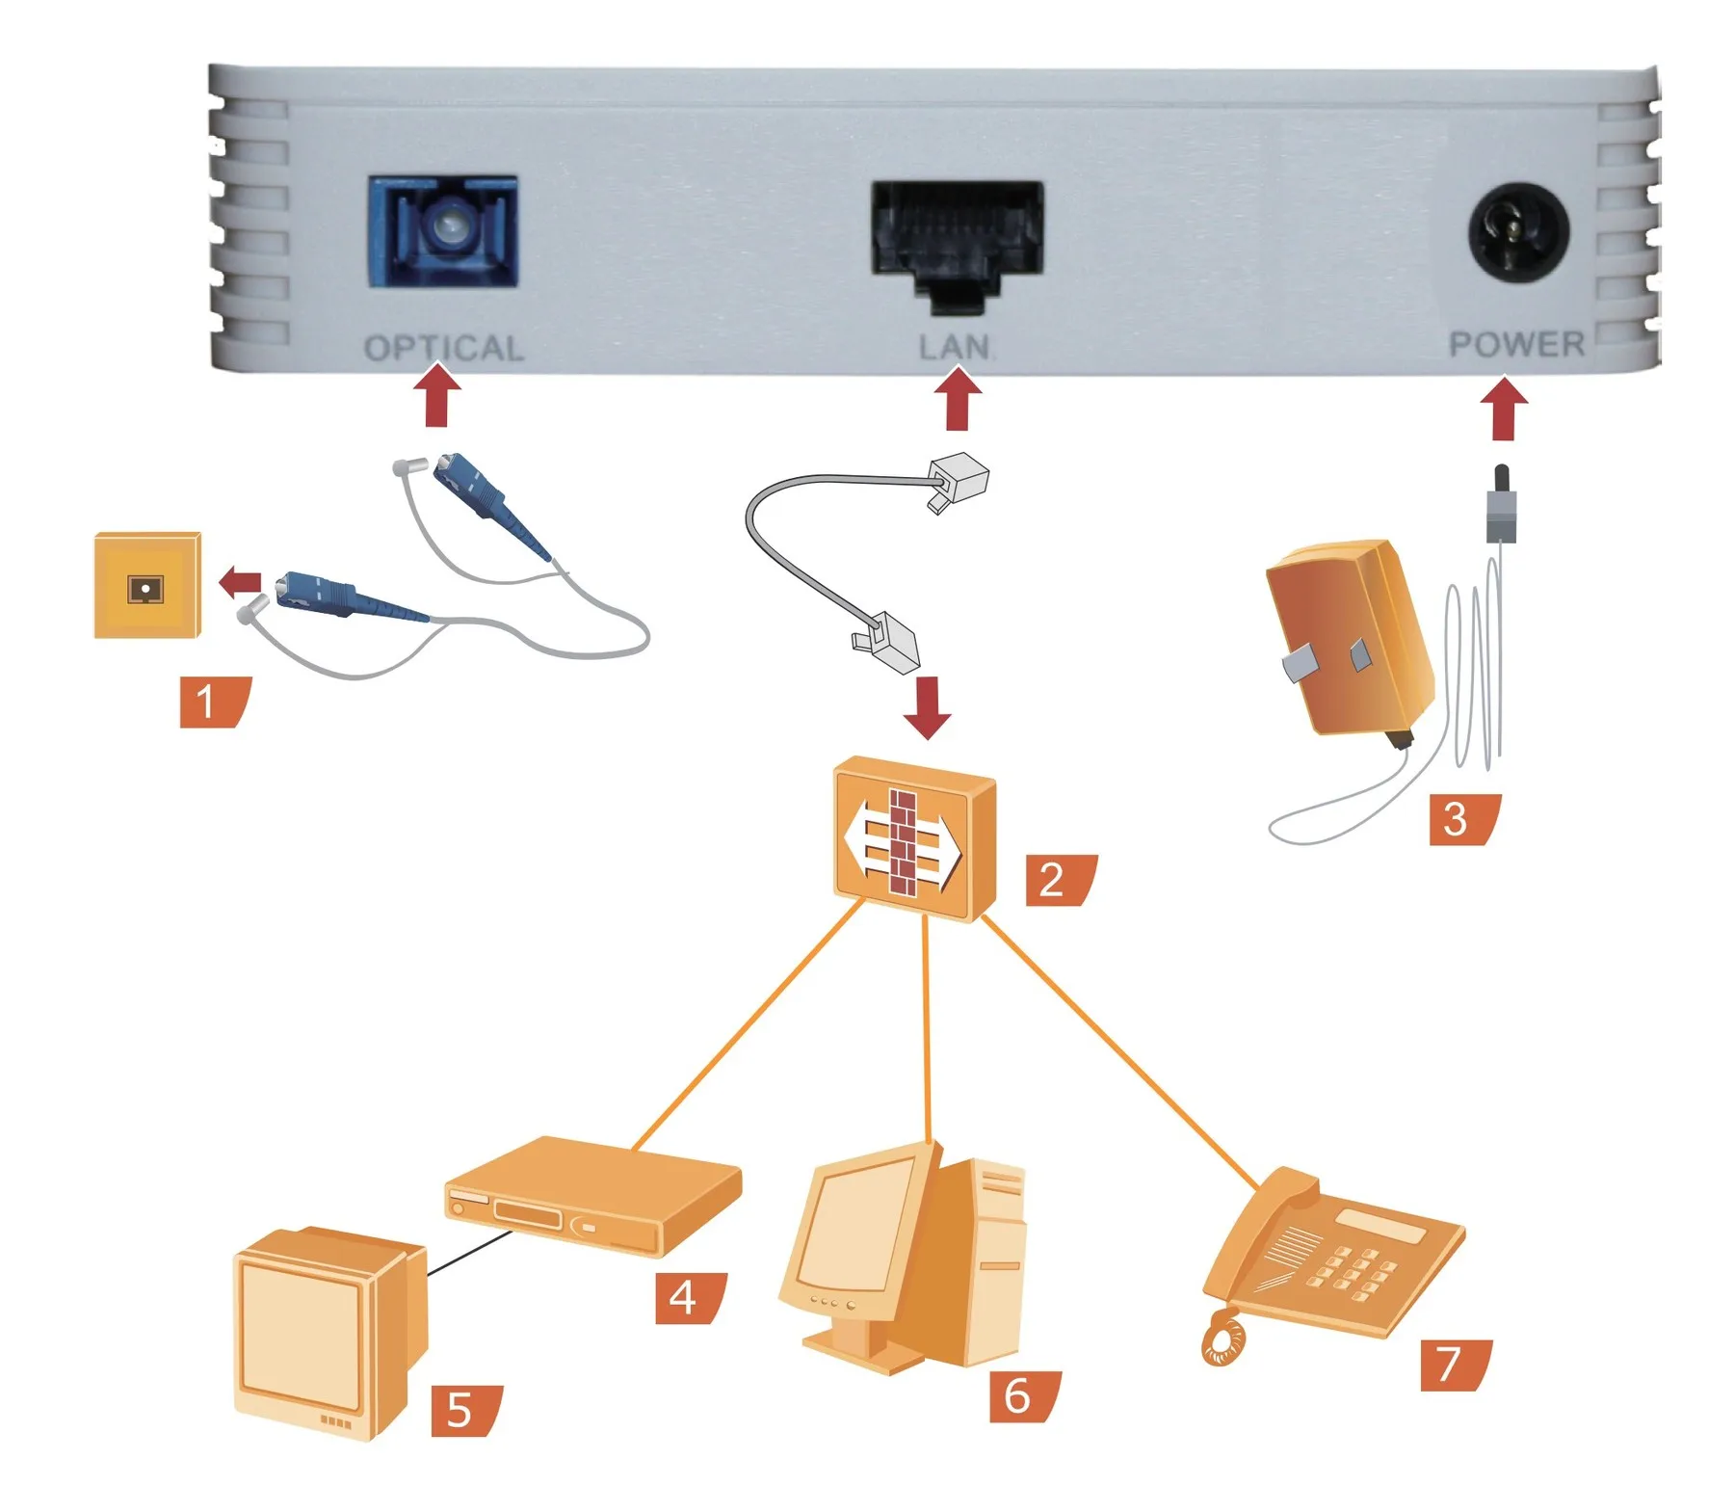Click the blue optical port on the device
pyautogui.click(x=443, y=231)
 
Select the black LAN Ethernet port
pyautogui.click(x=957, y=236)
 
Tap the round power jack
pyautogui.click(x=1518, y=233)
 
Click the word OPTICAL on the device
pyautogui.click(x=444, y=348)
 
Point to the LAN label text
pyautogui.click(x=954, y=347)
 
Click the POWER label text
pyautogui.click(x=1516, y=344)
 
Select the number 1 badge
pyautogui.click(x=213, y=701)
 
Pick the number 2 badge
pyautogui.click(x=1058, y=880)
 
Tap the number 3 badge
pyautogui.click(x=1461, y=819)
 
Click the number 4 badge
pyautogui.click(x=688, y=1297)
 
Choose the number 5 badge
pyautogui.click(x=464, y=1410)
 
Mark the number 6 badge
pyautogui.click(x=1023, y=1396)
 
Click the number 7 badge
pyautogui.click(x=1454, y=1365)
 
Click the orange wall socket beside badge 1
pyautogui.click(x=146, y=585)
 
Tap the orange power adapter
pyautogui.click(x=1349, y=641)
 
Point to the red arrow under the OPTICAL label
pyautogui.click(x=436, y=395)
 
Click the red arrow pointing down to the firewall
pyautogui.click(x=928, y=707)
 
